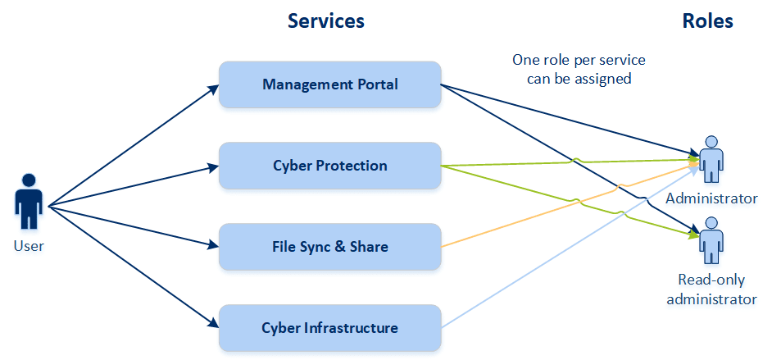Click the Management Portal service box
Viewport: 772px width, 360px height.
[x=329, y=84]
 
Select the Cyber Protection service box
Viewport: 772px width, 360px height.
[x=329, y=166]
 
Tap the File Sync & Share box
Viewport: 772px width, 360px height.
[x=329, y=247]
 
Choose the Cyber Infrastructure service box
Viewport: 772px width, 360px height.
[x=329, y=328]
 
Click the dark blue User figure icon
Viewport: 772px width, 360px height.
[x=30, y=201]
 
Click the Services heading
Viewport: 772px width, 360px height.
[x=325, y=21]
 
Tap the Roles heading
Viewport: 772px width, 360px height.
[x=707, y=21]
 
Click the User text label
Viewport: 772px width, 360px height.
[x=30, y=245]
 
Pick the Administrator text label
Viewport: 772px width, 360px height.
[x=711, y=198]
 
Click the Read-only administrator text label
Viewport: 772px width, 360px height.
[x=711, y=289]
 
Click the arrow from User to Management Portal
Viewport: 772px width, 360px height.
[x=131, y=146]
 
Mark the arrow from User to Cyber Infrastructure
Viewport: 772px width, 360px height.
[x=131, y=265]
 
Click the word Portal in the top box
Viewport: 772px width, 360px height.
[x=376, y=84]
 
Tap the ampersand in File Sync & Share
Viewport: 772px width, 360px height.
[x=339, y=247]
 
